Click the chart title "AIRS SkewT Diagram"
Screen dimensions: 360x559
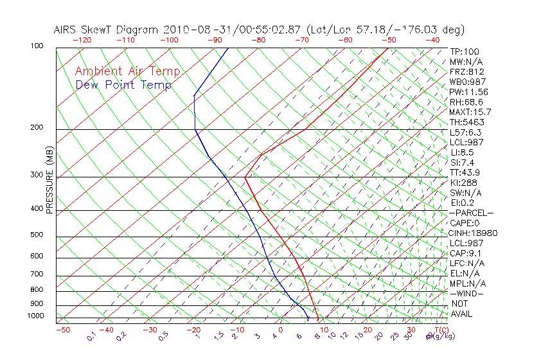[x=107, y=30]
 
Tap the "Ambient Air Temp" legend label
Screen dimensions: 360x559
[x=127, y=71]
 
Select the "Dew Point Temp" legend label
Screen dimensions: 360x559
[x=123, y=85]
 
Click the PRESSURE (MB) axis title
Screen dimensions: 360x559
[x=49, y=181]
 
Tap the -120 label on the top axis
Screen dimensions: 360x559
[x=82, y=40]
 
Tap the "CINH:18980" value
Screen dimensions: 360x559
[x=473, y=233]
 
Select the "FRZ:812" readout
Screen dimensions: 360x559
[x=464, y=72]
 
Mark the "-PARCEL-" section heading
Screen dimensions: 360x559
[x=471, y=213]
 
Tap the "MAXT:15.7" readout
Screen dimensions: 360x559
[x=469, y=112]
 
